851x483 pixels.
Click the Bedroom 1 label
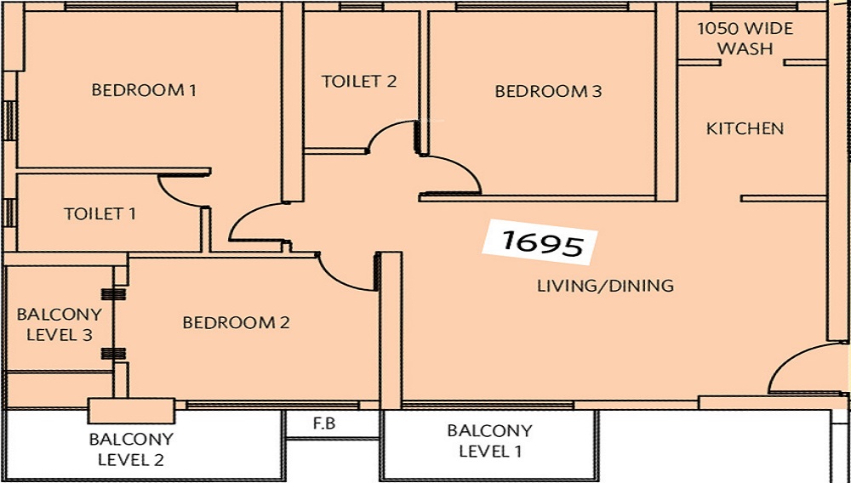(144, 89)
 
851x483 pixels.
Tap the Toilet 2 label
(359, 82)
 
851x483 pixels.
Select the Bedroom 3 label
(548, 91)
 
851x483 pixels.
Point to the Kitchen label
(745, 128)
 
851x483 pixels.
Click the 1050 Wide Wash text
(745, 38)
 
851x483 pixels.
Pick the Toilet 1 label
(100, 213)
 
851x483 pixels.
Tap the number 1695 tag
(540, 242)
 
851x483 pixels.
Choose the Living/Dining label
(605, 285)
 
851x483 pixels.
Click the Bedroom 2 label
(236, 322)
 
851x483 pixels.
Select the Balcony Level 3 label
(60, 324)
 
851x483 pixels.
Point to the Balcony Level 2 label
(131, 449)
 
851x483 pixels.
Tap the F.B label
(324, 423)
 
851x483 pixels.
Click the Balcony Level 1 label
(489, 440)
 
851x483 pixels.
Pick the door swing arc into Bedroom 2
(336, 281)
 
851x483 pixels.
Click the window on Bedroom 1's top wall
(151, 7)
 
